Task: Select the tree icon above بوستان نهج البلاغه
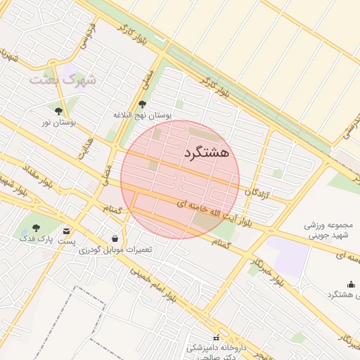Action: (142, 104)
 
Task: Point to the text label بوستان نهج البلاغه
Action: (143, 115)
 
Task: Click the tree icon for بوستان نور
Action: (58, 111)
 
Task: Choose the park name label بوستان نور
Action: (58, 122)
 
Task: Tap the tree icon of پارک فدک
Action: (36, 228)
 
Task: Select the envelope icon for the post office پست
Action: (67, 231)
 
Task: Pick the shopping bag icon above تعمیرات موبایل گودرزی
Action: (115, 238)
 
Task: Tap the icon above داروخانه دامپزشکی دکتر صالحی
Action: (216, 337)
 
